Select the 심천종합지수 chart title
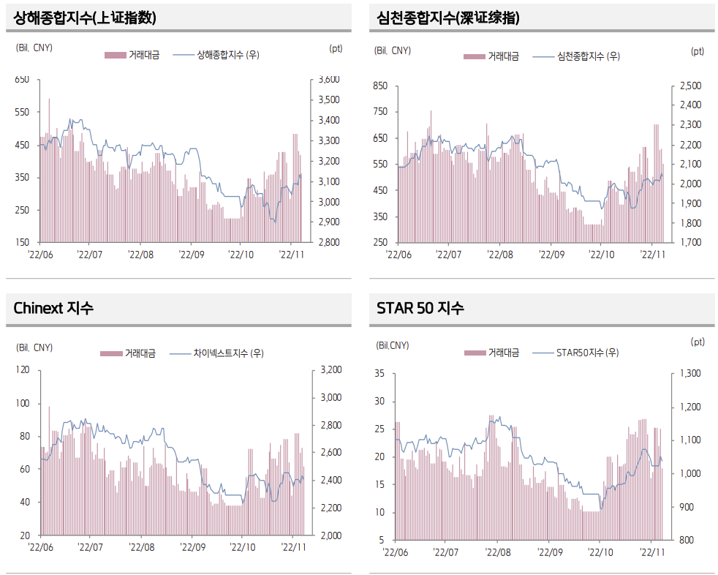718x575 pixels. (x=448, y=18)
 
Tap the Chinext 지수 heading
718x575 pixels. (x=53, y=308)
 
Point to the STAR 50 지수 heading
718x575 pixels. (x=420, y=308)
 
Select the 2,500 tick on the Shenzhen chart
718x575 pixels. (x=690, y=86)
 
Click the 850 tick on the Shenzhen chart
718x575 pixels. (x=380, y=86)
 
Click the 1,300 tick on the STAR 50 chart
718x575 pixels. (x=690, y=374)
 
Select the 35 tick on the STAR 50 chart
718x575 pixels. (x=379, y=374)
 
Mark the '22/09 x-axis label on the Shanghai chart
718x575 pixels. (x=191, y=255)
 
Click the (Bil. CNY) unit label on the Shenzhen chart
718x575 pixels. (x=393, y=50)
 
